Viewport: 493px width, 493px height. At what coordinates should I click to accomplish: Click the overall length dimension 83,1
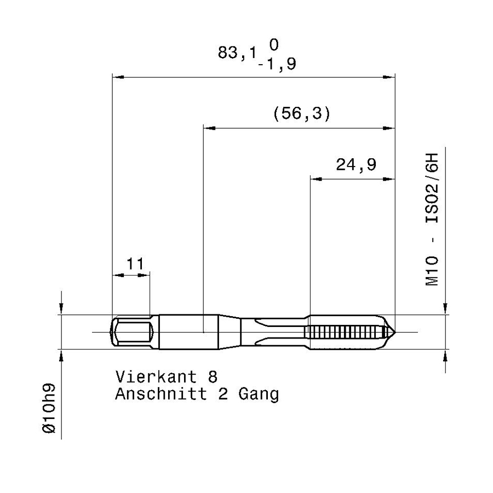[237, 52]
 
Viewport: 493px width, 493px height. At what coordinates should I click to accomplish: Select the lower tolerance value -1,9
[277, 64]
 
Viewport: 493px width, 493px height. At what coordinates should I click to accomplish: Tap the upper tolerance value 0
[274, 44]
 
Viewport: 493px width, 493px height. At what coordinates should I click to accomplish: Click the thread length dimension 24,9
[356, 164]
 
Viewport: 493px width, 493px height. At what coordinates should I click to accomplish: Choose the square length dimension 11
[135, 263]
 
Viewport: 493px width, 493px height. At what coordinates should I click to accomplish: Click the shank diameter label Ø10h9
[49, 408]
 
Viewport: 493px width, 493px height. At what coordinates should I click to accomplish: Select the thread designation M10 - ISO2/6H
[432, 220]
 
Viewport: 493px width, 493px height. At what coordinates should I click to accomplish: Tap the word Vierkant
[156, 376]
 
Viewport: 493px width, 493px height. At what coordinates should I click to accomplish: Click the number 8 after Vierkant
[213, 376]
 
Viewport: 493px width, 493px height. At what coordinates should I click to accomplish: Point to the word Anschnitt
[161, 394]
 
